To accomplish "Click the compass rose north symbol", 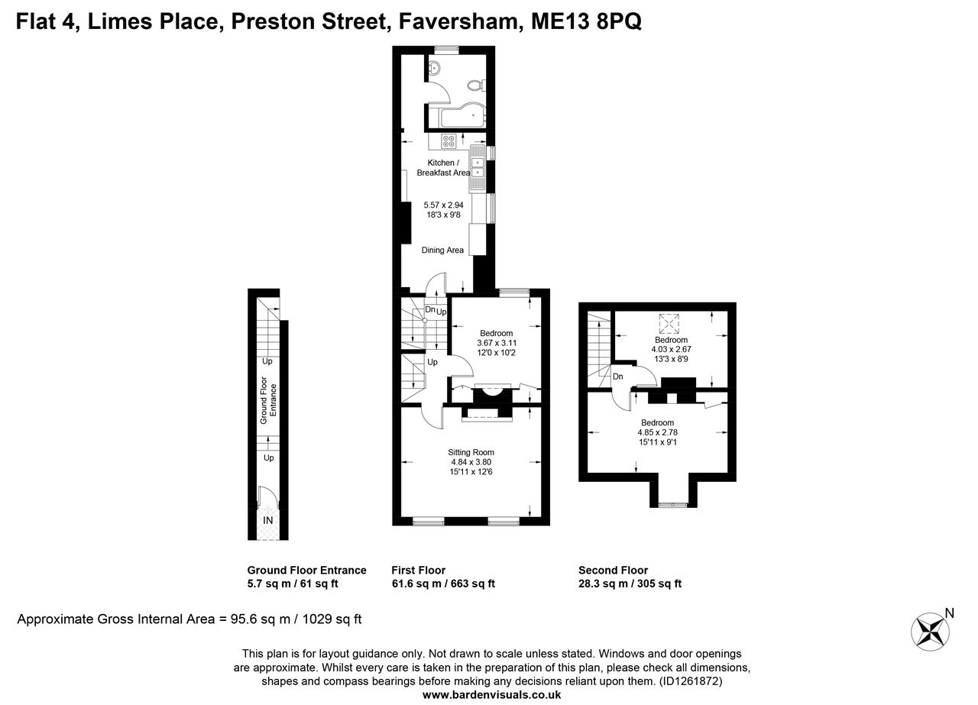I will (931, 631).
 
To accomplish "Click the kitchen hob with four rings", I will (449, 141).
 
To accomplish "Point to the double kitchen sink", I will (478, 168).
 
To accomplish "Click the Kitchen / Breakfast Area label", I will (443, 168).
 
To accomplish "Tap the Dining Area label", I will (442, 250).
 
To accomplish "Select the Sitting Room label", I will (471, 452).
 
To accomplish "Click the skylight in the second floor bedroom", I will (670, 324).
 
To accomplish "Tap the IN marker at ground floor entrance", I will (268, 520).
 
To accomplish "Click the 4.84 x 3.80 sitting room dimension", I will (471, 462).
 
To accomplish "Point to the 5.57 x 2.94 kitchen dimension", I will (443, 205).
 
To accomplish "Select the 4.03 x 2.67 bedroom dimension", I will (670, 349).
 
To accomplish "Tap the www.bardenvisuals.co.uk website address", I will (491, 695).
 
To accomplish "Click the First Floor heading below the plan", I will (418, 570).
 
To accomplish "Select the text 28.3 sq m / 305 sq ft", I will (630, 584).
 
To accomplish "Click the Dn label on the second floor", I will (618, 377).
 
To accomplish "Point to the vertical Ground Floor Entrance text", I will (264, 400).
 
